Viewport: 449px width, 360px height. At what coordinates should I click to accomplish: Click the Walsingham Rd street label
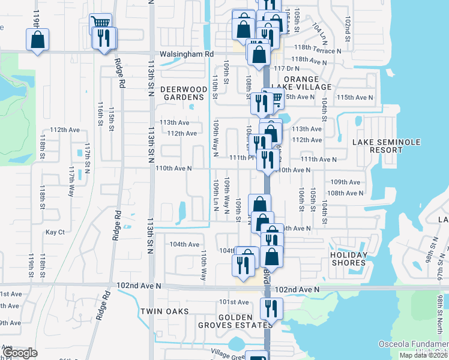tap(187, 54)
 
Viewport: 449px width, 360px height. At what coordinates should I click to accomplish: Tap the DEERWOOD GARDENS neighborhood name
tap(184, 93)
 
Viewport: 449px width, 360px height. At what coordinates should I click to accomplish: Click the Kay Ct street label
tap(55, 232)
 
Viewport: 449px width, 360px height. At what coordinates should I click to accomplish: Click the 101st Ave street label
tap(234, 302)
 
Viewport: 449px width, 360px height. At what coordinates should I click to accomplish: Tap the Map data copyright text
tap(423, 355)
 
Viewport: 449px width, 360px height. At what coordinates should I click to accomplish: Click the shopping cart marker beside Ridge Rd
tap(100, 23)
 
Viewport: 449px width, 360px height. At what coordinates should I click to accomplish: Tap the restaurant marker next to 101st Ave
tap(271, 310)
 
